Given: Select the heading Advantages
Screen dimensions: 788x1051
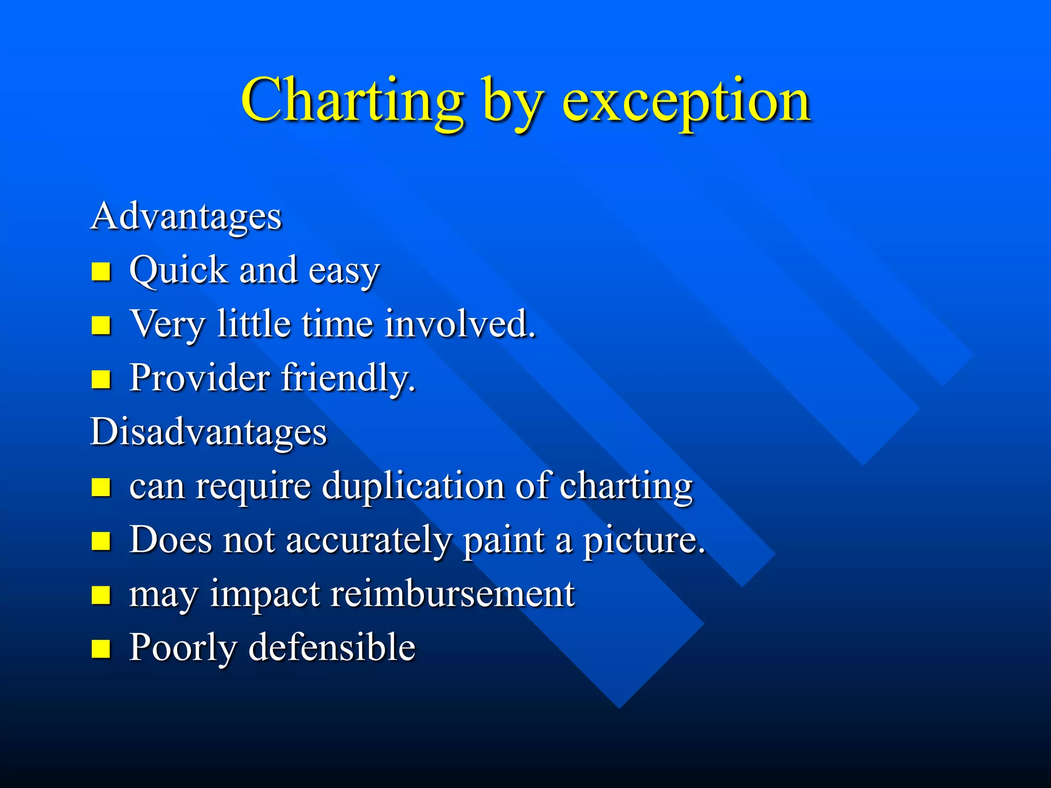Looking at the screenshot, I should click(186, 216).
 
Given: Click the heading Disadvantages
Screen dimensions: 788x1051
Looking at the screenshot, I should click(208, 431).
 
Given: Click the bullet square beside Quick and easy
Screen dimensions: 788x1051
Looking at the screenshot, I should click(101, 271).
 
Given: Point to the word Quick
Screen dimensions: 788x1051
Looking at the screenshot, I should click(178, 270).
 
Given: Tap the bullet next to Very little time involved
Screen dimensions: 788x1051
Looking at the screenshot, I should click(101, 325).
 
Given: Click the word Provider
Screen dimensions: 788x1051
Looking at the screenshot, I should click(199, 378).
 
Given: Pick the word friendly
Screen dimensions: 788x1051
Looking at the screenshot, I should click(348, 378).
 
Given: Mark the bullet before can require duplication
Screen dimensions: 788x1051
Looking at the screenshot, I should click(101, 487).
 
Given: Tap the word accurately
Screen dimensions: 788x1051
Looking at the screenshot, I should click(368, 541).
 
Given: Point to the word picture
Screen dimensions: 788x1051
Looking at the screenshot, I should click(644, 541).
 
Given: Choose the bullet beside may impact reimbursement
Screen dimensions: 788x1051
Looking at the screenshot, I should click(101, 596).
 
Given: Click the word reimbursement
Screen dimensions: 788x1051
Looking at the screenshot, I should click(452, 594).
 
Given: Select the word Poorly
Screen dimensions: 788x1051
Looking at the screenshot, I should click(183, 648).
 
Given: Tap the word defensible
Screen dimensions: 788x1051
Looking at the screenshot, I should click(332, 647).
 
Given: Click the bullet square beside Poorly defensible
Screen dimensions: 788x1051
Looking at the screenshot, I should click(101, 649).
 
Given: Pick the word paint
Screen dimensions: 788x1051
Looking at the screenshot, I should click(503, 541).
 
